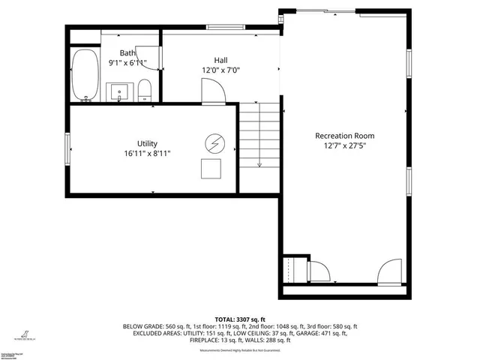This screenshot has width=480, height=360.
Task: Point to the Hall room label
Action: [x=220, y=60]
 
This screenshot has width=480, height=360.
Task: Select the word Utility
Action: [x=147, y=143]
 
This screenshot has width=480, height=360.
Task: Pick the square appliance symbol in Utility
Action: [x=211, y=169]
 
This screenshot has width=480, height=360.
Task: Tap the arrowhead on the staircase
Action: [x=259, y=163]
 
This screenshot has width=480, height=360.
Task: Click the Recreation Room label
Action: [x=344, y=136]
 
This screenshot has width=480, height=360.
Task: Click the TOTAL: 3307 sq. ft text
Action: [x=240, y=319]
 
